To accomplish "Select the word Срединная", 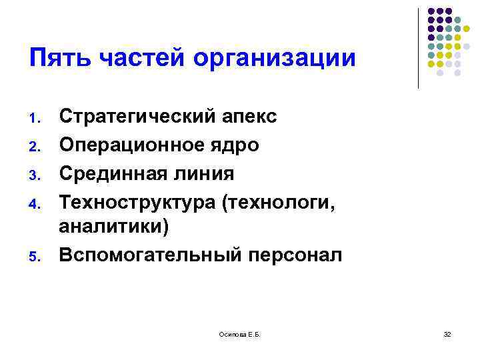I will coord(111,173).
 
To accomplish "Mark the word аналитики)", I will coord(114,227).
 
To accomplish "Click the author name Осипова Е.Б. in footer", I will coord(239,333).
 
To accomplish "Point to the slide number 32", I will coord(447,333).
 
